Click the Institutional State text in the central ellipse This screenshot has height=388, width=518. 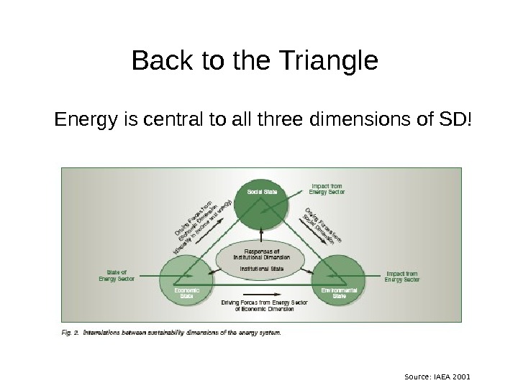coord(262,269)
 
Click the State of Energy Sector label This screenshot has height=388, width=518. coord(116,276)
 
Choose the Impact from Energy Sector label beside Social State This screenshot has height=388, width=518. coord(327,188)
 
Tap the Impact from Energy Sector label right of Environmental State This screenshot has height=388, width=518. coord(402,277)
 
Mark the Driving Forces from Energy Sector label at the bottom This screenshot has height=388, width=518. coord(264,306)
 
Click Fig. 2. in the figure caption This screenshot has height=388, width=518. coord(70,333)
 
